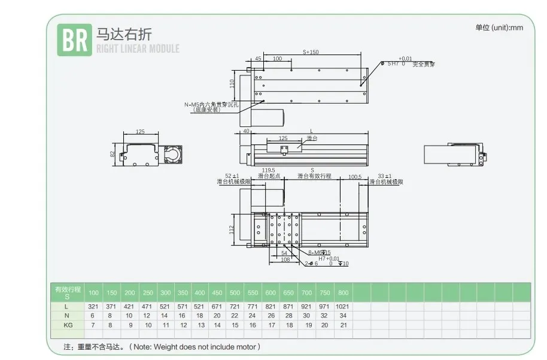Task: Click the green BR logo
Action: click(74, 40)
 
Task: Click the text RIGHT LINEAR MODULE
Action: click(138, 49)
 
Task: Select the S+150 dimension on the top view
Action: click(311, 52)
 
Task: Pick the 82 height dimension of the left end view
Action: click(113, 155)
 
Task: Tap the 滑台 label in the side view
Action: click(311, 138)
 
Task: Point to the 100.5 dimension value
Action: click(355, 177)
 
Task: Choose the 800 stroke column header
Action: click(343, 293)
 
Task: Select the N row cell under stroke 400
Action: click(200, 316)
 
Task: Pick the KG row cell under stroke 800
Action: click(343, 325)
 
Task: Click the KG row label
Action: click(67, 325)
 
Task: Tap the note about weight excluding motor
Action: click(162, 347)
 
